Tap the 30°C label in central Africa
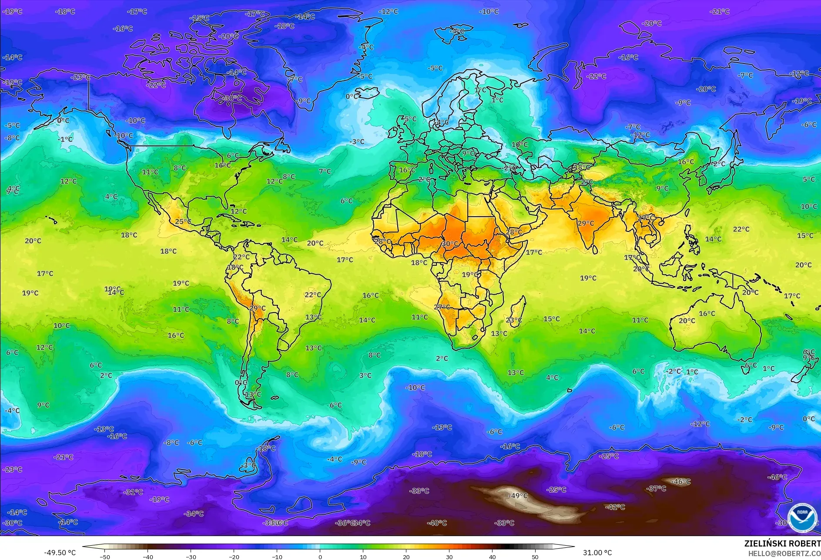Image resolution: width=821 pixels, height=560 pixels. [x=450, y=244]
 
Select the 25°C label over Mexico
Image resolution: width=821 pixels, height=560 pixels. [x=183, y=221]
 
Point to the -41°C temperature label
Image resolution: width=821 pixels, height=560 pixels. [x=615, y=507]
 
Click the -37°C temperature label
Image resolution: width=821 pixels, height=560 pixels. [x=656, y=489]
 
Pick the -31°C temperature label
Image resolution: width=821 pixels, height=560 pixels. [x=133, y=492]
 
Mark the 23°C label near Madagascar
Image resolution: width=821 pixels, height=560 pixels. [x=514, y=320]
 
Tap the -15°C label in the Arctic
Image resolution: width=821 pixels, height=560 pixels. [x=200, y=18]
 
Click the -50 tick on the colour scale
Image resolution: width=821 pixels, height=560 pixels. [x=105, y=557]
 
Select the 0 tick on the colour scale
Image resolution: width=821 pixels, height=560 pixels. [x=320, y=557]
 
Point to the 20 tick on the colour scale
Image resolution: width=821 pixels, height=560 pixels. [x=406, y=557]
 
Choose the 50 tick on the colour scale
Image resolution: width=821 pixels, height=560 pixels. [x=535, y=557]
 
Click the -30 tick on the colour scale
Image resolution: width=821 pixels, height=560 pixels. [x=191, y=557]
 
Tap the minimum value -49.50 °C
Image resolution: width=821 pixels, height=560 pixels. [x=60, y=553]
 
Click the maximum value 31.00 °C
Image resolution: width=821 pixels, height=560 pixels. [x=597, y=553]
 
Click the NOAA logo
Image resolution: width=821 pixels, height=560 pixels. [x=802, y=518]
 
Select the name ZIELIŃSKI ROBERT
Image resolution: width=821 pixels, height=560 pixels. [x=782, y=543]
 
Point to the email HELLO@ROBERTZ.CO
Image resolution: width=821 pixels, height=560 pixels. [x=784, y=553]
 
